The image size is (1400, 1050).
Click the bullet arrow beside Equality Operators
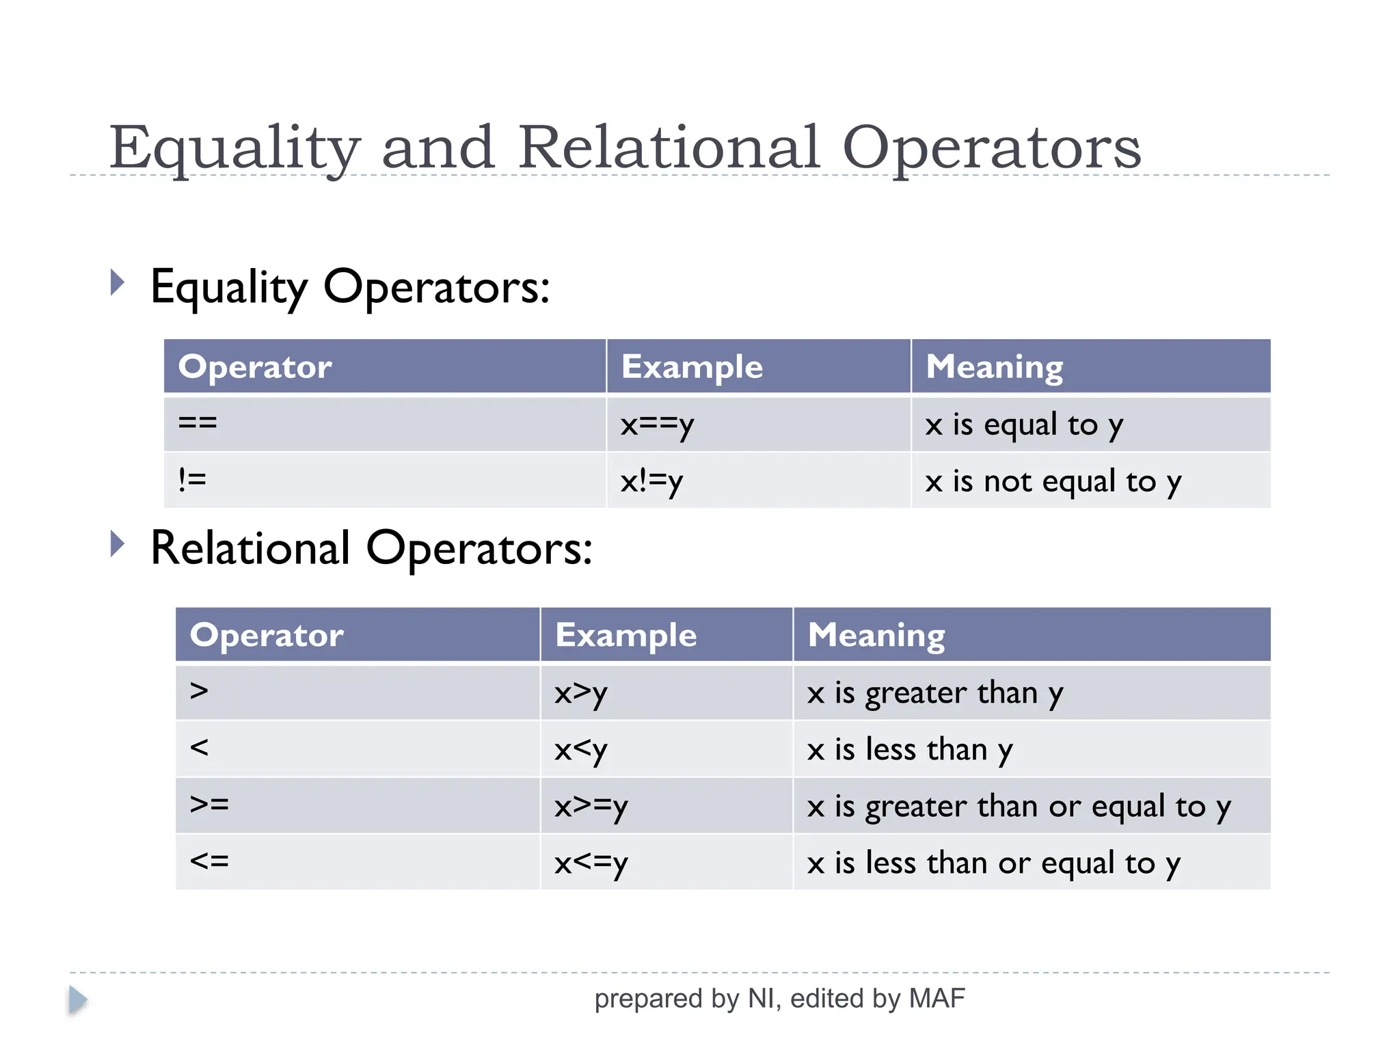click(118, 282)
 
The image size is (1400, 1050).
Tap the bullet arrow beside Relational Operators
click(118, 544)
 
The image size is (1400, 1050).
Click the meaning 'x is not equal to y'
click(1053, 482)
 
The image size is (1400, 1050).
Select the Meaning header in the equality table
click(995, 366)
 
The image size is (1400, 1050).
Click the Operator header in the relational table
click(267, 635)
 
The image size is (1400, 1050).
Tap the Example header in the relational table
click(626, 635)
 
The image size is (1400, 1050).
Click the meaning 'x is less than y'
click(909, 750)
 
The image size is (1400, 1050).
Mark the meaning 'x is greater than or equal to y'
click(1019, 807)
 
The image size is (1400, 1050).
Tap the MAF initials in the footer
click(937, 999)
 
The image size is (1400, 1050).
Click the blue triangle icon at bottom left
click(77, 1000)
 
